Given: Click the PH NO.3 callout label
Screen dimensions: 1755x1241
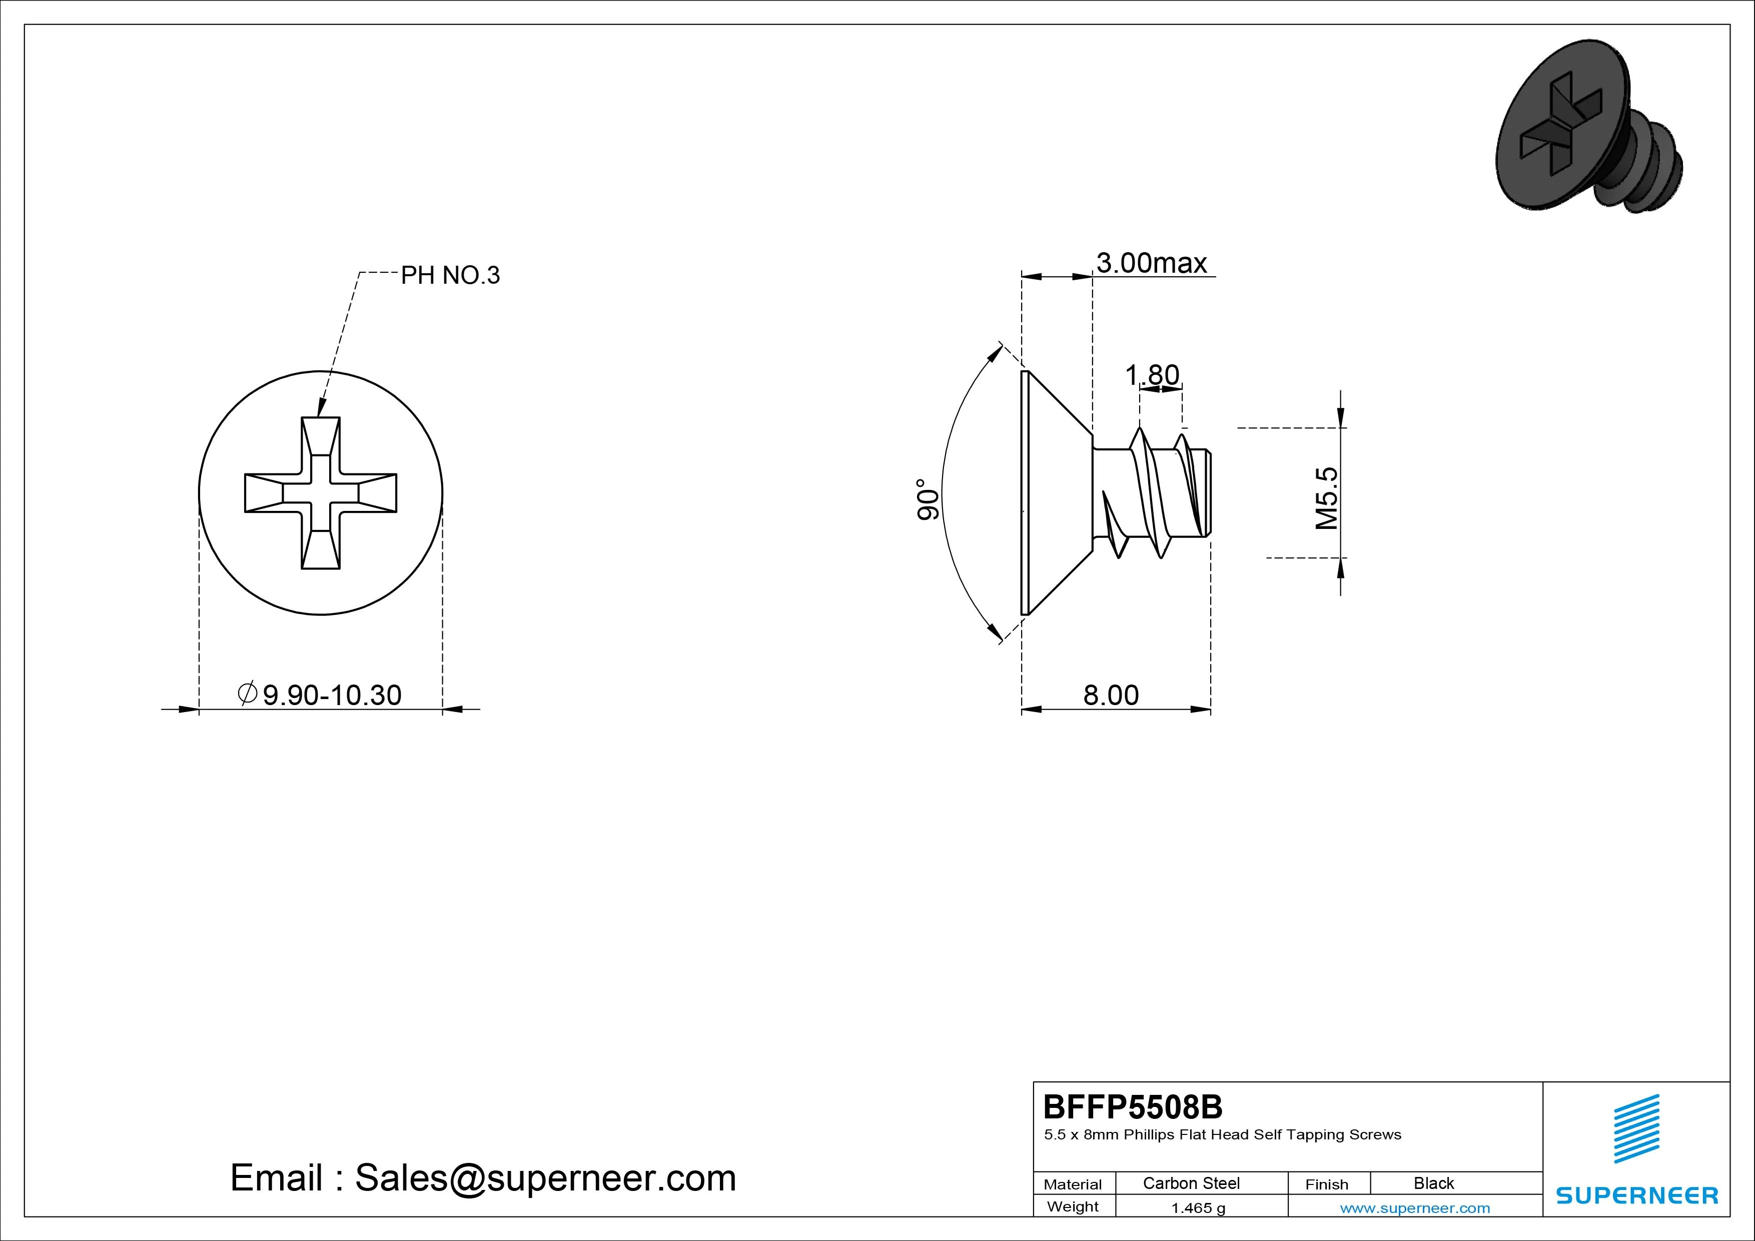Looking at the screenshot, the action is [450, 275].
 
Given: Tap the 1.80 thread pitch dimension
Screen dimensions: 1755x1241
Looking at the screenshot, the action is [1152, 375].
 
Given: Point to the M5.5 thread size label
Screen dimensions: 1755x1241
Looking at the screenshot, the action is [1327, 498].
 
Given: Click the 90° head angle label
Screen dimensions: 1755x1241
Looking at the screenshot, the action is [927, 500].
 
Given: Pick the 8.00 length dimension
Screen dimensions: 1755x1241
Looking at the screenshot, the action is [1111, 695].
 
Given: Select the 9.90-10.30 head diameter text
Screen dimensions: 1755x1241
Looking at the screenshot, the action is [332, 695].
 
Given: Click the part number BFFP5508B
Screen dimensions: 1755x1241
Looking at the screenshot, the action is [1133, 1106].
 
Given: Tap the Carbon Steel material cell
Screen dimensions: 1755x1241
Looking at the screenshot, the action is [1191, 1183].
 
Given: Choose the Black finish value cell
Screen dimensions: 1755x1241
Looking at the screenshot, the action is [1434, 1183].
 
